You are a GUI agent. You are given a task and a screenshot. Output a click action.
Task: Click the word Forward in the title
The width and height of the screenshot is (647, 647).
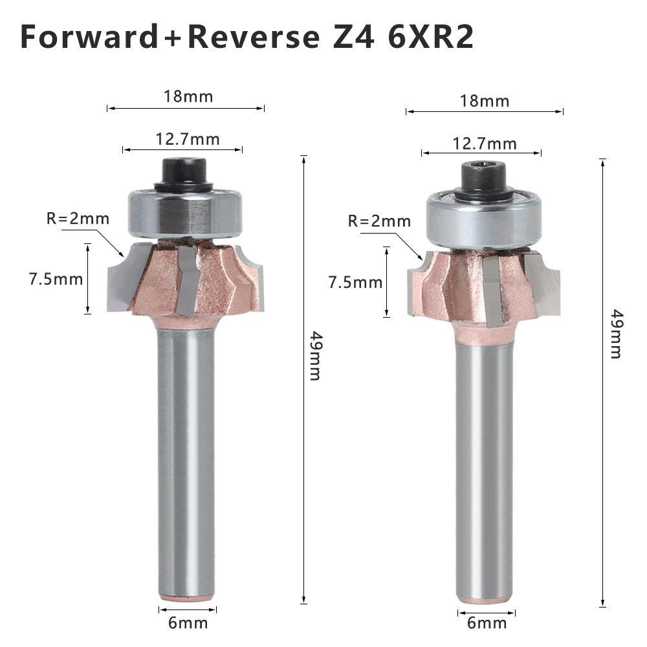click(89, 37)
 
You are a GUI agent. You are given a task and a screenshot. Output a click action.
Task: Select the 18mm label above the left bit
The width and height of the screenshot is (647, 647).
click(188, 97)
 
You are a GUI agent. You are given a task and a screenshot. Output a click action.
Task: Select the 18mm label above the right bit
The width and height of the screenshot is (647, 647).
click(485, 101)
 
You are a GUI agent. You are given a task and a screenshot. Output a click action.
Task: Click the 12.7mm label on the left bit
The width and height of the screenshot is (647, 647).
click(188, 139)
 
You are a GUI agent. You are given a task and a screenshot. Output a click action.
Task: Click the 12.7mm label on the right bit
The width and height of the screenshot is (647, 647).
click(485, 143)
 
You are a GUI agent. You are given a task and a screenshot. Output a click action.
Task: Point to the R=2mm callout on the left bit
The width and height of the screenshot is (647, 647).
click(78, 219)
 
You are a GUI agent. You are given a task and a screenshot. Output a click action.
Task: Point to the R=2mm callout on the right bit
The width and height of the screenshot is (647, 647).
click(379, 221)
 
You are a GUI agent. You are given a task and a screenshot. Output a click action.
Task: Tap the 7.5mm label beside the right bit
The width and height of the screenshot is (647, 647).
click(355, 282)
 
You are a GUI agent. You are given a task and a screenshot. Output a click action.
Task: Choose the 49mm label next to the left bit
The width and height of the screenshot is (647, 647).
click(315, 355)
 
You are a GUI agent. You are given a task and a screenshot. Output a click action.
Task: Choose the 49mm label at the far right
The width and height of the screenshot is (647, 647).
click(616, 334)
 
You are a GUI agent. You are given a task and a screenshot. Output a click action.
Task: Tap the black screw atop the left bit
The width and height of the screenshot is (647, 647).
click(184, 171)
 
